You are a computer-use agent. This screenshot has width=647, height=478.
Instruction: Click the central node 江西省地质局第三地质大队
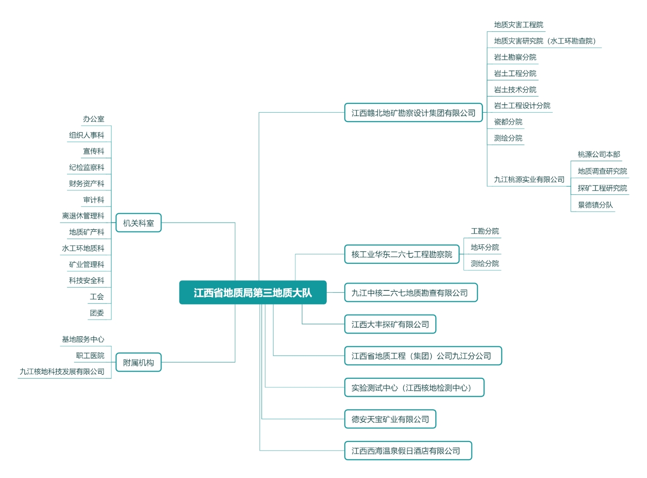(253, 292)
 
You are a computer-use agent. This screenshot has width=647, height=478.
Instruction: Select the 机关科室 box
(138, 223)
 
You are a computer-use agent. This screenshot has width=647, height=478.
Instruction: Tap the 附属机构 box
(138, 362)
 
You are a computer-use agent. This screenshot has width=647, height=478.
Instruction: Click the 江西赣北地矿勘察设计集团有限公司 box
(413, 113)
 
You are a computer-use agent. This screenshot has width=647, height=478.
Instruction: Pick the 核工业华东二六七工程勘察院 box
(402, 254)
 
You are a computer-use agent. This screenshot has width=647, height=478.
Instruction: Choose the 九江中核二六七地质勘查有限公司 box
(410, 292)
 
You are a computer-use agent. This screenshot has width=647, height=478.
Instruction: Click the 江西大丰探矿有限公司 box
(390, 324)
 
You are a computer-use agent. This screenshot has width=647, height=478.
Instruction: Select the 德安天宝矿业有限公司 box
(390, 419)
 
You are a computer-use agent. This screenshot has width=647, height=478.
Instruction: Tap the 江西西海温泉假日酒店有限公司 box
(408, 451)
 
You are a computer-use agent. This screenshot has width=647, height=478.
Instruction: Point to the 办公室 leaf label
(94, 119)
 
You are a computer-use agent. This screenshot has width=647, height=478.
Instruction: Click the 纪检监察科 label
(86, 167)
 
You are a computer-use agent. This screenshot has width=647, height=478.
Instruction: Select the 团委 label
(97, 313)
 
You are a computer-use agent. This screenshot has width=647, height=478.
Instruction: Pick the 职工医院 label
(90, 355)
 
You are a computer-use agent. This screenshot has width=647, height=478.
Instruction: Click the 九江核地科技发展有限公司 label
(62, 371)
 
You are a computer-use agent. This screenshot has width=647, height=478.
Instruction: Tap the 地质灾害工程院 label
(519, 24)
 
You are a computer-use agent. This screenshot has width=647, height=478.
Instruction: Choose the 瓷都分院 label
(508, 121)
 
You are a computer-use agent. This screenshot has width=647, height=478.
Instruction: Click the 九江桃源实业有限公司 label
(529, 179)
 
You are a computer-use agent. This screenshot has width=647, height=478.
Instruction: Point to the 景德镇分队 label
(595, 205)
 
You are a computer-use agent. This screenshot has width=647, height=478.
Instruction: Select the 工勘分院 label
(484, 231)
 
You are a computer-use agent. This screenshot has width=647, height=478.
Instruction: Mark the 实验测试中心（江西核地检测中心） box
(414, 387)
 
